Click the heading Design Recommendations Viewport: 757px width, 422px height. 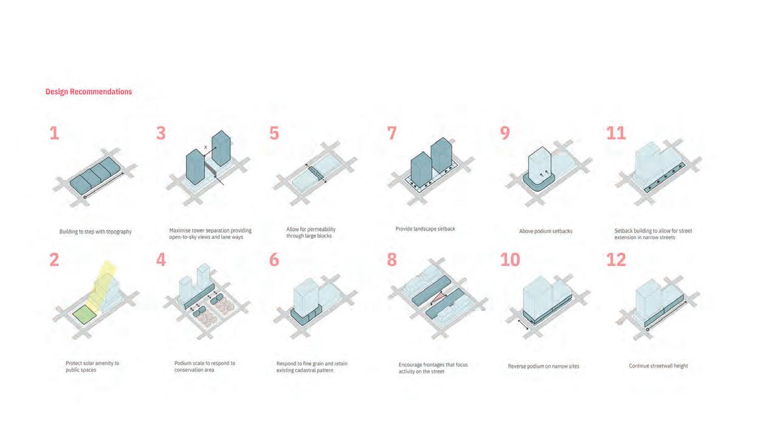[x=89, y=92]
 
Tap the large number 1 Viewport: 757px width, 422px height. [x=54, y=133]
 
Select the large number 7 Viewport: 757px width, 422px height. [x=392, y=133]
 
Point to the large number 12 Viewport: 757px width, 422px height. [x=616, y=260]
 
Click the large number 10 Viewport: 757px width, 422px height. [x=510, y=260]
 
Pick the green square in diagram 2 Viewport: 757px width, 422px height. [x=85, y=315]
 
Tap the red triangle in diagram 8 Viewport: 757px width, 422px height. [x=438, y=298]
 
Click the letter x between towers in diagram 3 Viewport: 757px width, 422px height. [x=206, y=147]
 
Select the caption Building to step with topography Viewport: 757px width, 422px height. [x=95, y=231]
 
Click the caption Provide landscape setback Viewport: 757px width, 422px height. [x=425, y=229]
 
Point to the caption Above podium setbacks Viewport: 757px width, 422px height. [x=545, y=231]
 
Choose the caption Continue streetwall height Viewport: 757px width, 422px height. [x=658, y=366]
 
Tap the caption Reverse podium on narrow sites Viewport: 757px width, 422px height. [x=544, y=366]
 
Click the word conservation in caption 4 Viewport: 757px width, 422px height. [x=187, y=370]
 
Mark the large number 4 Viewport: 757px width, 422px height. [x=161, y=260]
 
